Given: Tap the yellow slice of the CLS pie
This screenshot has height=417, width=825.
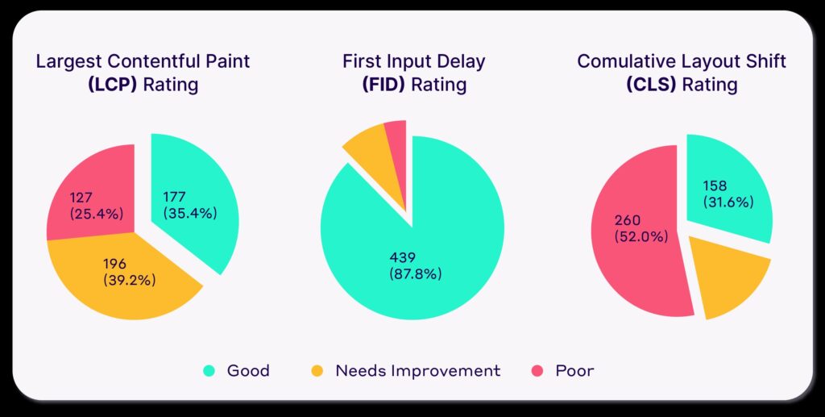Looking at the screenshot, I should (729, 282).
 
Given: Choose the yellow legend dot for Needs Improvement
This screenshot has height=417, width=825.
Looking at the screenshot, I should (317, 371).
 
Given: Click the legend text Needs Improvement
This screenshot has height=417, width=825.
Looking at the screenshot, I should (417, 371).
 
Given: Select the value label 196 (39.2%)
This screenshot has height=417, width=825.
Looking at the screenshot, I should (129, 272).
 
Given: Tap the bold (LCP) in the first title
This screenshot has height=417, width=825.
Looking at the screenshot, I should (112, 84).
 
